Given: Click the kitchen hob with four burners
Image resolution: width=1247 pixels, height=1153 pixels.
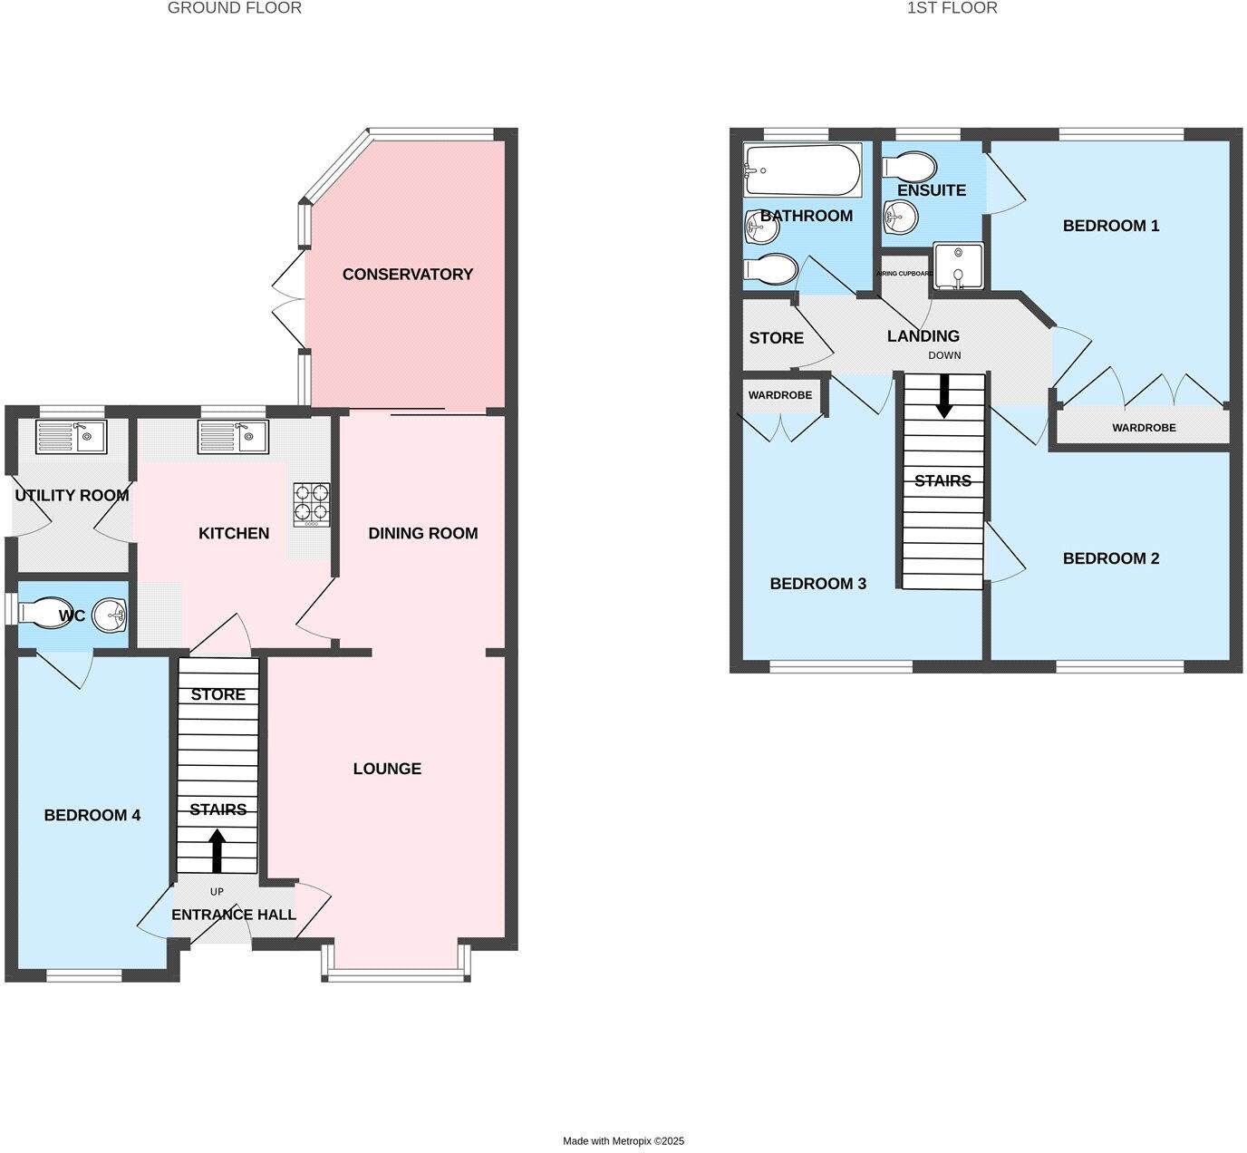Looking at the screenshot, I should coord(311,505).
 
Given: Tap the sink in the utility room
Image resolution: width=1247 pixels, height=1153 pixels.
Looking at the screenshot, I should coord(71,437).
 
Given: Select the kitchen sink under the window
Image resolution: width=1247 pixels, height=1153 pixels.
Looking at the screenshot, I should coord(234,437).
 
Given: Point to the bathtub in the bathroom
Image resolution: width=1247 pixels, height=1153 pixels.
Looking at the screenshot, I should coord(802,170).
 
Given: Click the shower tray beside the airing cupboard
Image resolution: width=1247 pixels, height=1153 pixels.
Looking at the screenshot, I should coord(958,266).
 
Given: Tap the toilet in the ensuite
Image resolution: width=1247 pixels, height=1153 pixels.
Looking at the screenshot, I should coord(909,167).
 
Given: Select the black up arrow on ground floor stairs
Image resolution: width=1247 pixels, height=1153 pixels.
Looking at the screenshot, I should coord(217,850).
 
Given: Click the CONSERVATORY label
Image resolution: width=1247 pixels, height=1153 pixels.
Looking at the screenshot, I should coord(408,274).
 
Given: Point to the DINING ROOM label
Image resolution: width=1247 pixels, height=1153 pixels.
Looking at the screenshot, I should coord(423,533).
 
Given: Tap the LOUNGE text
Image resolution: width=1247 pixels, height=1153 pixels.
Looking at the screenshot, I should coord(387,769).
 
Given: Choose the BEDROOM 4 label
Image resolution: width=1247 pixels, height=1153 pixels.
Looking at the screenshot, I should coord(92,816).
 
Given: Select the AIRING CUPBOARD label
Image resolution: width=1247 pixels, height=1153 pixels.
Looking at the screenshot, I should coord(904,273).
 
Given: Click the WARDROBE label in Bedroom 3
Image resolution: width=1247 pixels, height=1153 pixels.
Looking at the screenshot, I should coord(780,395).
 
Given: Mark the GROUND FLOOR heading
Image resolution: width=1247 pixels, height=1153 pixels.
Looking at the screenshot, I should coord(235,8).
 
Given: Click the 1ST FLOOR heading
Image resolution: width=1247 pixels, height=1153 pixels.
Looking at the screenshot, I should coord(952,8).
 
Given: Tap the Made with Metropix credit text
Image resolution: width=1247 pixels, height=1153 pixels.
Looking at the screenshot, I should coord(623,1141).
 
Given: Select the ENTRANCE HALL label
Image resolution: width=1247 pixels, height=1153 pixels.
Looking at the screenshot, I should coord(234,915).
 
